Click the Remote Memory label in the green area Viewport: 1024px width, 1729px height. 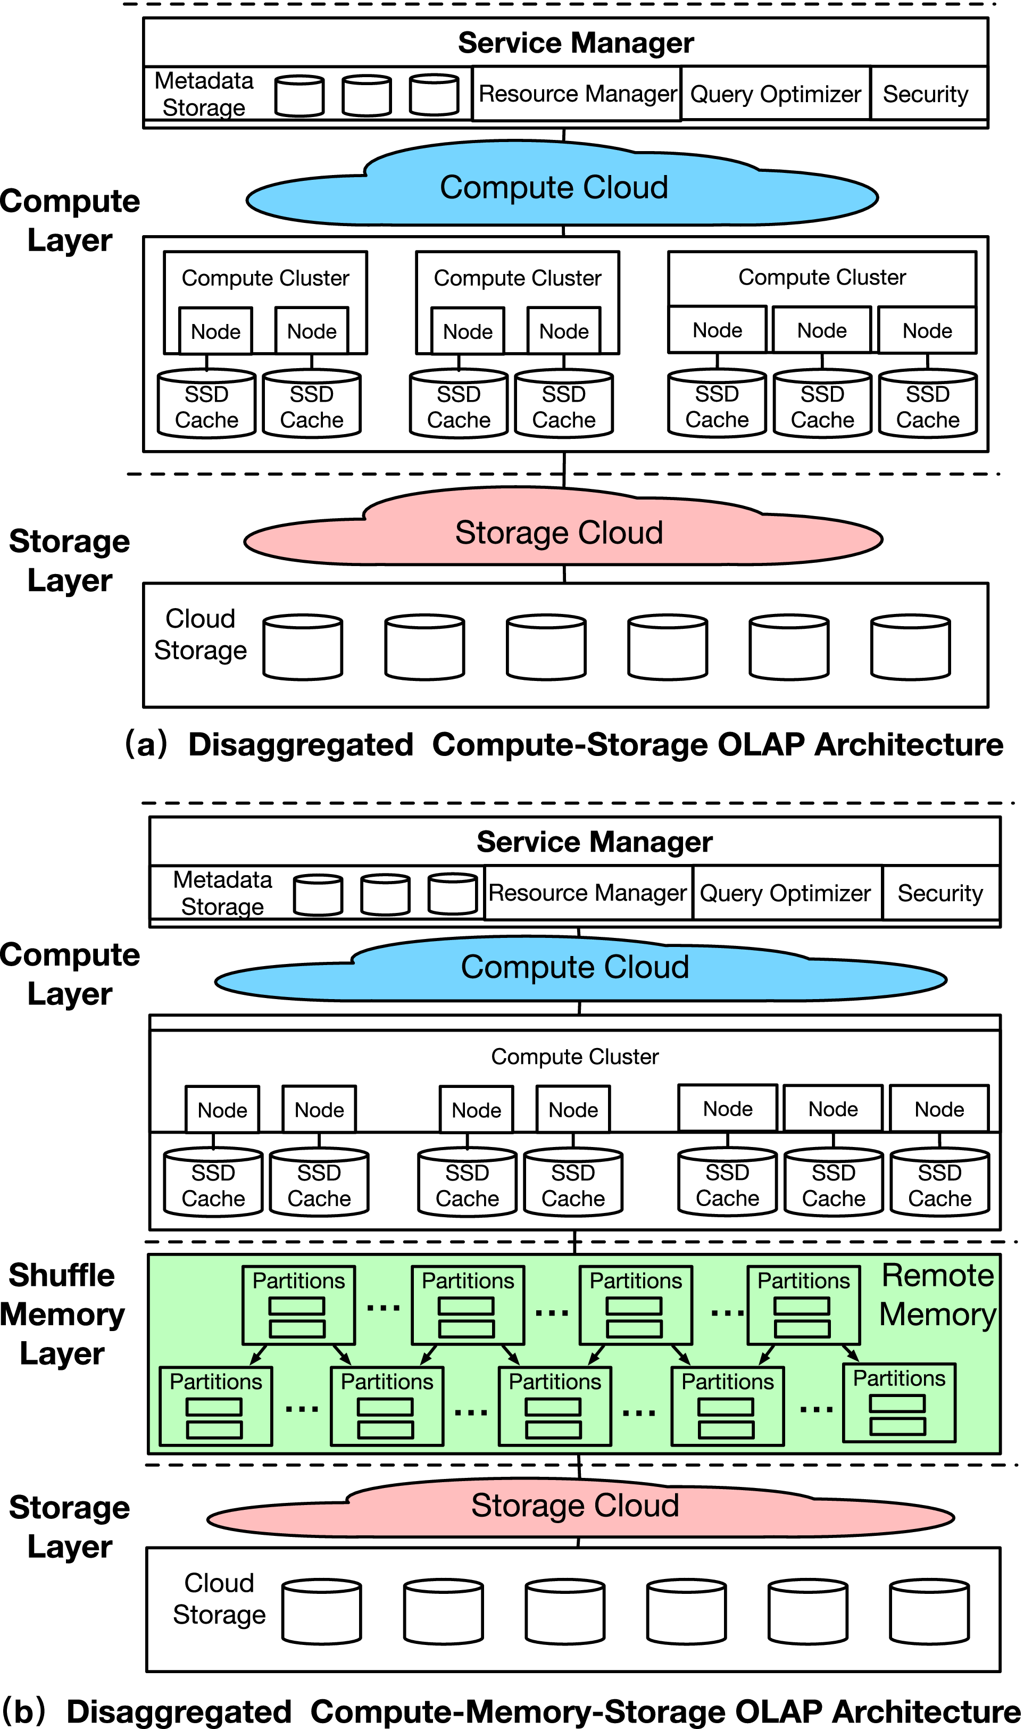(937, 1294)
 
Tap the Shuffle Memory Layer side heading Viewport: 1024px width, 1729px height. (62, 1315)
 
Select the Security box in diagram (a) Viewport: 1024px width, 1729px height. (926, 94)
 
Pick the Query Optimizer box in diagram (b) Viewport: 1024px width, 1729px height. (785, 893)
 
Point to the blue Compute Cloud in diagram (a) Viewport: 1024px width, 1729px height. (554, 188)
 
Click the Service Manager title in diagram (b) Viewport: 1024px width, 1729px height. (594, 842)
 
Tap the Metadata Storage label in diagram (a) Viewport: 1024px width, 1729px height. (204, 94)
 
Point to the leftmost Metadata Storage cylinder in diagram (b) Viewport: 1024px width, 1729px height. (318, 894)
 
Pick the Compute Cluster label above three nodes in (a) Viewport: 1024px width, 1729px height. (821, 277)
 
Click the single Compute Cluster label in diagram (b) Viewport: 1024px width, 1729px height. (575, 1057)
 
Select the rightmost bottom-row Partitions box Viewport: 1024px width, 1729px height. (898, 1403)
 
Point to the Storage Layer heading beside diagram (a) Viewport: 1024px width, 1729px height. (69, 560)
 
